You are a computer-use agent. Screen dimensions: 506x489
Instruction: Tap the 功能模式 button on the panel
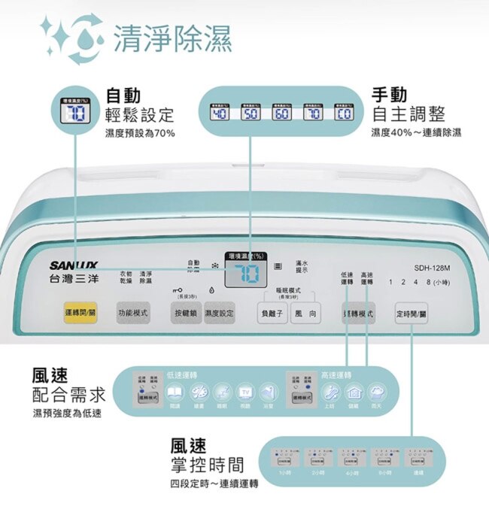pos(133,313)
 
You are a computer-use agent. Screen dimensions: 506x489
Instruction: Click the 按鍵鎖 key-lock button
pos(186,313)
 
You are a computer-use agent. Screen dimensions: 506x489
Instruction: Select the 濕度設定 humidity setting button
pos(220,313)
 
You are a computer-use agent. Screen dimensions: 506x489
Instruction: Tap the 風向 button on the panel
pos(305,313)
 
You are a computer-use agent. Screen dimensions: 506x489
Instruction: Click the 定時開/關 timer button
pos(411,313)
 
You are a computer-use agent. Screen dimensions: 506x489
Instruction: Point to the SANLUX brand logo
pos(74,265)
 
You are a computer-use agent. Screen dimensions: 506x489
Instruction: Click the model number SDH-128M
pos(432,268)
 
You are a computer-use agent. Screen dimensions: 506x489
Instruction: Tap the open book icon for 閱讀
pos(175,392)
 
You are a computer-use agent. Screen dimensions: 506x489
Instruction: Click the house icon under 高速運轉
pos(354,392)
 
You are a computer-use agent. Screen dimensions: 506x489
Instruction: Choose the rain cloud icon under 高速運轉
pos(377,392)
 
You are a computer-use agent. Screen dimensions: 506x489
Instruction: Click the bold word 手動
pos(390,95)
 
